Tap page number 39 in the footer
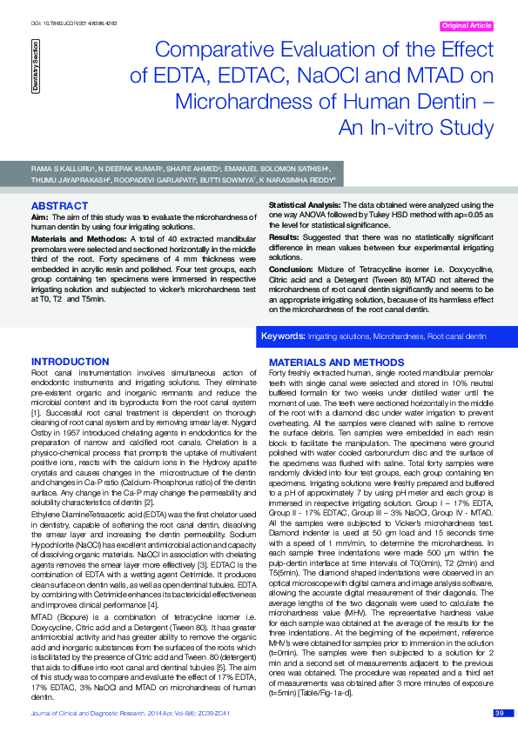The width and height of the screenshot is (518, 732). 499,713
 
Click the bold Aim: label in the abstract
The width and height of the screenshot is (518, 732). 38,216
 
